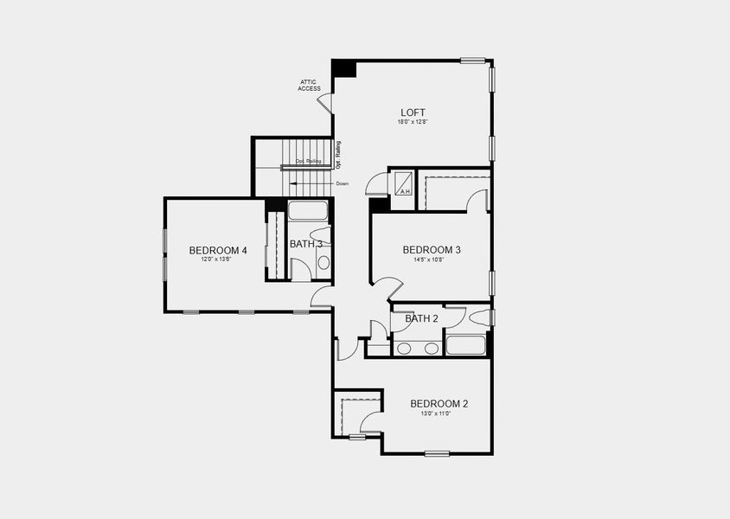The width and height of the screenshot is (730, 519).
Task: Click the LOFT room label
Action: [413, 112]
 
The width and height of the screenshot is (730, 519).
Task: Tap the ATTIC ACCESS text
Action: [309, 86]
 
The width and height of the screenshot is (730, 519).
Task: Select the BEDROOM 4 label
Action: [218, 251]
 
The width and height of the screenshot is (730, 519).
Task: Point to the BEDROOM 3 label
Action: [432, 250]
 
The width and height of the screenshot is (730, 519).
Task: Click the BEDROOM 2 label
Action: [439, 404]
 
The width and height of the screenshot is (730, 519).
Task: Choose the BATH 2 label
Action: [422, 318]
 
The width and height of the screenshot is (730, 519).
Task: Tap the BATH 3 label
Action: [305, 244]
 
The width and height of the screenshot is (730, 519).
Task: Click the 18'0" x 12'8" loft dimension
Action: [413, 123]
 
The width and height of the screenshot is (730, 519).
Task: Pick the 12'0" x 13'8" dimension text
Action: [216, 260]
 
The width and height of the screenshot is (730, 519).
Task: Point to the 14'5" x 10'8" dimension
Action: [430, 259]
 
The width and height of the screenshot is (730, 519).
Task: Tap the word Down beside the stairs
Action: [342, 184]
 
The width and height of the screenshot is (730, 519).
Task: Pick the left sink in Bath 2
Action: [404, 349]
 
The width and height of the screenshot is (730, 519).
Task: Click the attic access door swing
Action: [325, 102]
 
